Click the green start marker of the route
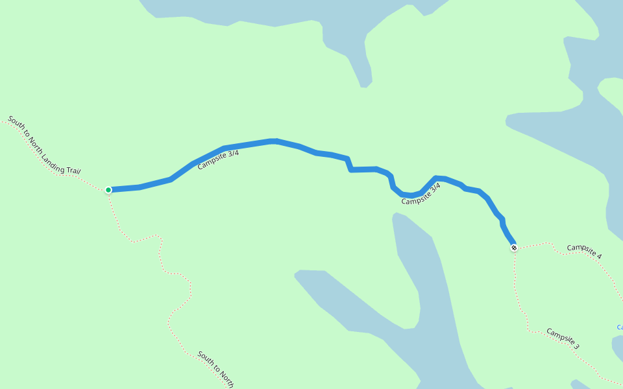coord(108,189)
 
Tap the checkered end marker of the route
coord(514,248)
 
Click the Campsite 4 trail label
coord(584,252)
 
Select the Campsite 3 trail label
coord(563,338)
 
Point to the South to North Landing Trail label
coord(44,146)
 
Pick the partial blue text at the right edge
coord(620,327)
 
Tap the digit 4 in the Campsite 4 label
coord(598,257)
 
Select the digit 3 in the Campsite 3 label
coord(576,347)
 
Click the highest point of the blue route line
coord(274,141)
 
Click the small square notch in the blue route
coord(349,165)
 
